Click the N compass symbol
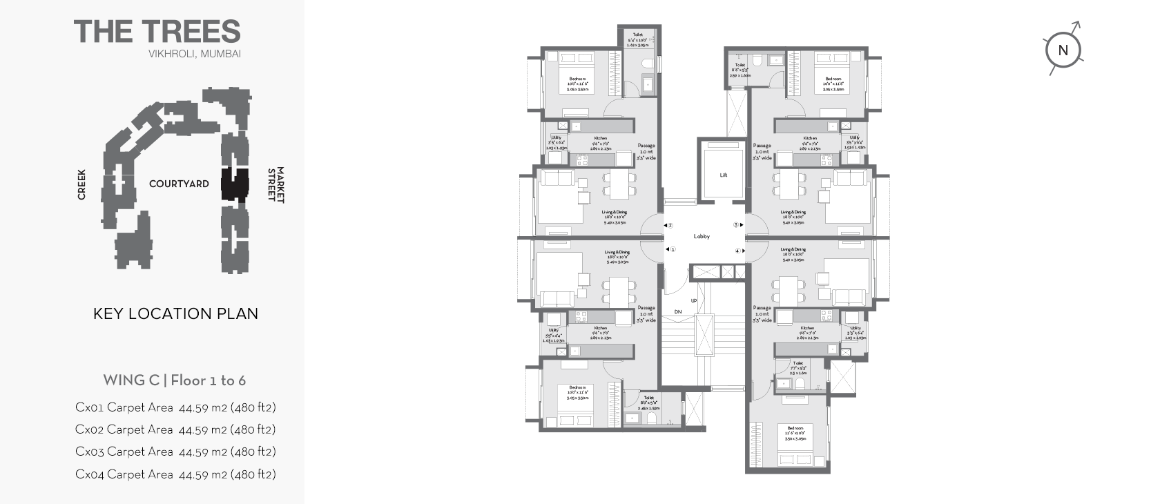1063,50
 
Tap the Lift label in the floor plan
723,175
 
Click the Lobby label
702,236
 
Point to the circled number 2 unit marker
669,225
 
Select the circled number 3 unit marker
737,224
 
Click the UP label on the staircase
694,300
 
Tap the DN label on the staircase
678,312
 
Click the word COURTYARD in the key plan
179,184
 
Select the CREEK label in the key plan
81,184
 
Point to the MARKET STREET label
276,184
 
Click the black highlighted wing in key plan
234,184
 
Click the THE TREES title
157,32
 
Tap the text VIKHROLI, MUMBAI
194,54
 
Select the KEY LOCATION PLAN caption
175,313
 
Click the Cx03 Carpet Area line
175,452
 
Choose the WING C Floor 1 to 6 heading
174,380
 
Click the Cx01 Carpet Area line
175,407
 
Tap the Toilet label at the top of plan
637,35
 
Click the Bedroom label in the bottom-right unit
795,428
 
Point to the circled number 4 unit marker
737,251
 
